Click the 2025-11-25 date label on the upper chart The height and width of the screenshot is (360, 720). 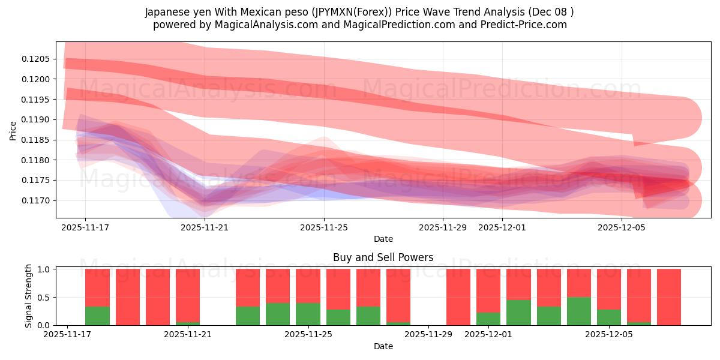[x=324, y=227]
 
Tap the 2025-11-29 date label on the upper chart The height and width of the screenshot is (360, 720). [x=443, y=227]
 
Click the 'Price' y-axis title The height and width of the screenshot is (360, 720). [x=13, y=130]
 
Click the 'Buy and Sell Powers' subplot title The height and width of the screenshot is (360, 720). [x=383, y=257]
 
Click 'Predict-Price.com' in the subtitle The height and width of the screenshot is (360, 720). [x=520, y=25]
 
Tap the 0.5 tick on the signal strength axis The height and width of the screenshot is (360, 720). [x=44, y=298]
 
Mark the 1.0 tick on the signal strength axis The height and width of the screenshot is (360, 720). [x=44, y=269]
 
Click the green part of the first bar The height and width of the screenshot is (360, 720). [x=97, y=316]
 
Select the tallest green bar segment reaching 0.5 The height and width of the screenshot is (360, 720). [x=578, y=311]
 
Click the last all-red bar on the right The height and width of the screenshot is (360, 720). [x=668, y=297]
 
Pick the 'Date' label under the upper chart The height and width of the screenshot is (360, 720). [x=383, y=239]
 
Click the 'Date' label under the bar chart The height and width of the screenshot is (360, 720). [x=383, y=346]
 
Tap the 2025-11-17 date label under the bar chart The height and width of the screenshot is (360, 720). [x=67, y=335]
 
